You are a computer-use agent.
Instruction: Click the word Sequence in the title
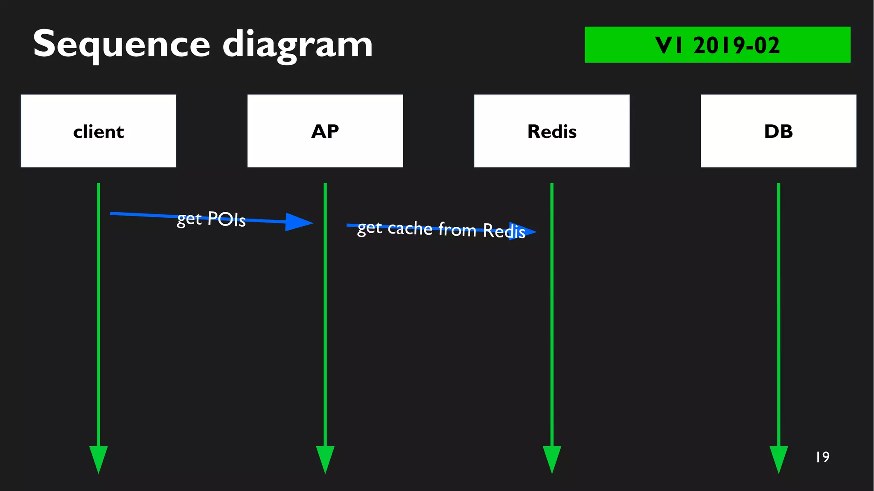(121, 44)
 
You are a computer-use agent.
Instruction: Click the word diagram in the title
(297, 45)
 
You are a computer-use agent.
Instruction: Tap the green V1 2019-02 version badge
(717, 45)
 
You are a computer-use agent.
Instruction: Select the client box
(98, 131)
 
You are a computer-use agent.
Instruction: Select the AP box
(325, 131)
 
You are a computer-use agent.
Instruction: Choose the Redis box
(551, 131)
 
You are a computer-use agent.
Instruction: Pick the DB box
(778, 131)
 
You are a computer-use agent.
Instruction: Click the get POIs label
(211, 219)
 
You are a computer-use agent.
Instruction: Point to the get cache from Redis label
(441, 229)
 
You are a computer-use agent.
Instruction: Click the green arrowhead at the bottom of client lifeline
(98, 459)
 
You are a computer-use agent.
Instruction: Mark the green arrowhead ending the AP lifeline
(325, 459)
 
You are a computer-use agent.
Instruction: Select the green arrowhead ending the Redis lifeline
(551, 459)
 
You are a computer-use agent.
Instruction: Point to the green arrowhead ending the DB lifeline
(778, 459)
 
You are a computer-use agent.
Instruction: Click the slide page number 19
(822, 457)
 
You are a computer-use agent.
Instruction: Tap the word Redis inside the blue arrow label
(504, 231)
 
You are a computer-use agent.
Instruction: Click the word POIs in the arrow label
(227, 219)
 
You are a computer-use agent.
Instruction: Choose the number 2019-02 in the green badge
(736, 45)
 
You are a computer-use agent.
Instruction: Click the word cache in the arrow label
(410, 228)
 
